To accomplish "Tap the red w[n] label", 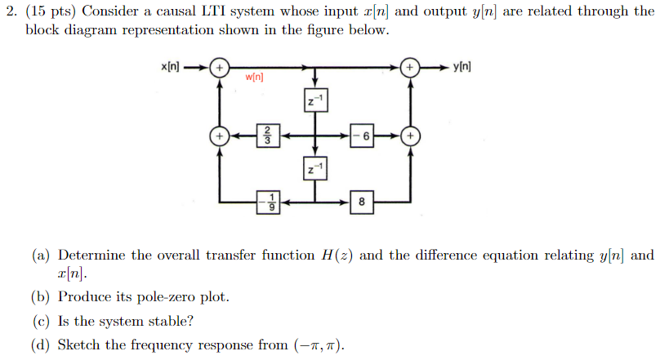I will [x=254, y=79].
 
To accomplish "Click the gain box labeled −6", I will [x=363, y=135].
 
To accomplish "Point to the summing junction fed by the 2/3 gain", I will [x=219, y=135].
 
